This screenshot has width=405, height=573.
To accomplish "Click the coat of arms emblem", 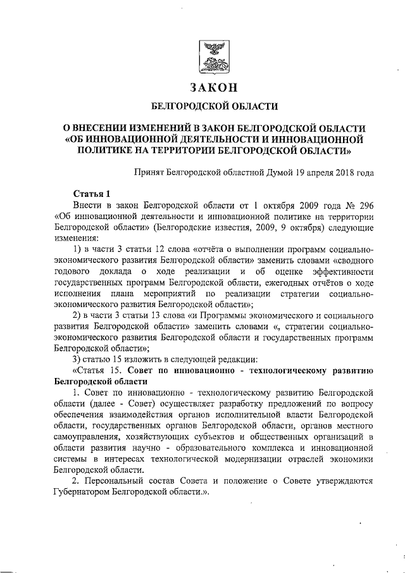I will [x=211, y=55].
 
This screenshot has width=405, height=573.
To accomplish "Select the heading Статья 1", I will [x=90, y=194].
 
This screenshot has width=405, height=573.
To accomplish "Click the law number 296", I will [x=364, y=206].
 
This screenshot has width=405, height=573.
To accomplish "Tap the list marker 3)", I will [x=78, y=356].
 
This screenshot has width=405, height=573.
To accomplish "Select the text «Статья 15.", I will [x=97, y=368].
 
